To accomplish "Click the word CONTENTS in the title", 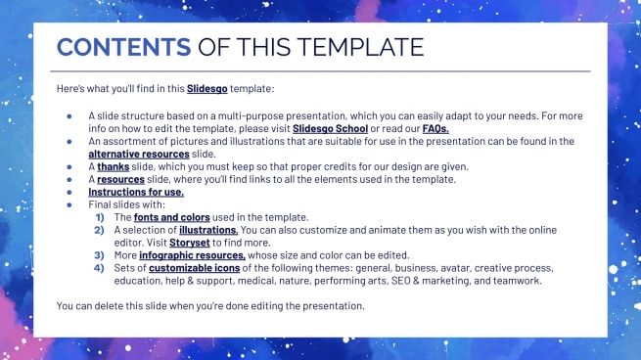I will click(123, 47).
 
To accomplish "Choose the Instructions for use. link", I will click(135, 192).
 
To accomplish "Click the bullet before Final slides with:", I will click(69, 204).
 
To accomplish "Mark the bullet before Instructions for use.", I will click(69, 192).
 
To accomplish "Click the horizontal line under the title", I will click(323, 71).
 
